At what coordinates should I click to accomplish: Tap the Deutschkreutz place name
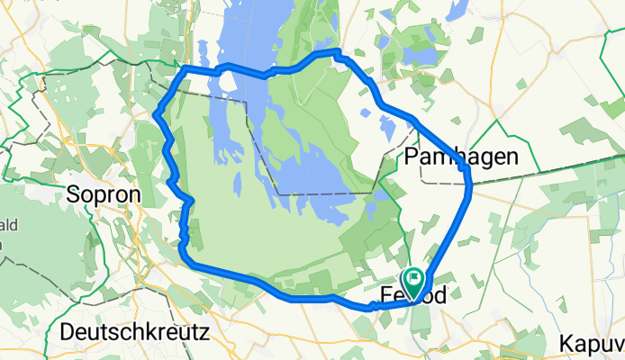(134, 331)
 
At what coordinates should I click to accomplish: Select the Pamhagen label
(462, 157)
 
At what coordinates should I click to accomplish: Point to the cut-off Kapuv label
(591, 343)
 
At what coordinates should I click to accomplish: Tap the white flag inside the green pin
(414, 278)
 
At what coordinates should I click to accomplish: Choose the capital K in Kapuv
(566, 343)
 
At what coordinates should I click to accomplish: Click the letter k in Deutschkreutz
(142, 331)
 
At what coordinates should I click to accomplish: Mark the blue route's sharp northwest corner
(184, 68)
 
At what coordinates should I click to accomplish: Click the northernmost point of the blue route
(338, 50)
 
